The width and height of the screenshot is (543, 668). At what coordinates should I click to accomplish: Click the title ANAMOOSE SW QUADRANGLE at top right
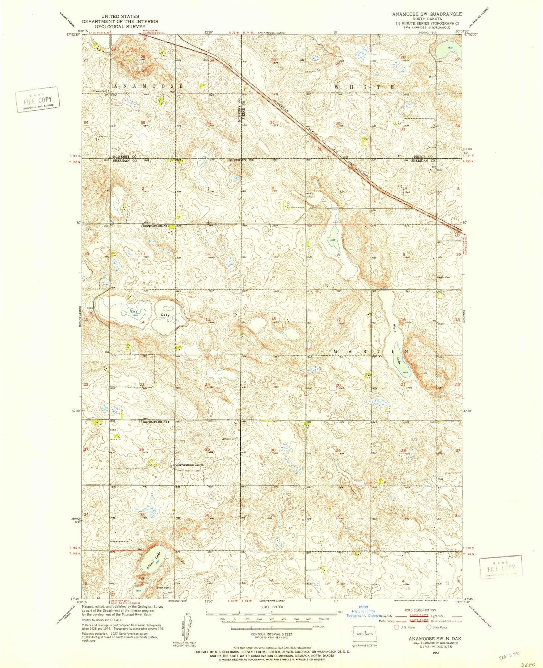pyautogui.click(x=427, y=14)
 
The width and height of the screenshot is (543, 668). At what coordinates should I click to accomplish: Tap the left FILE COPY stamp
pyautogui.click(x=38, y=100)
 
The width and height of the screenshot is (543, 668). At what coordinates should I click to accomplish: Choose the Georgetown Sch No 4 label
pyautogui.click(x=158, y=422)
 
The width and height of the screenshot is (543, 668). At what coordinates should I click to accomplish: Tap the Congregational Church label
pyautogui.click(x=189, y=465)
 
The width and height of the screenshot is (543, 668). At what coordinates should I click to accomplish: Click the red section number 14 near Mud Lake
pyautogui.click(x=142, y=322)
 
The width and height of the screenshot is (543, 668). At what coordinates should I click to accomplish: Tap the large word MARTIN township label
pyautogui.click(x=371, y=352)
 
